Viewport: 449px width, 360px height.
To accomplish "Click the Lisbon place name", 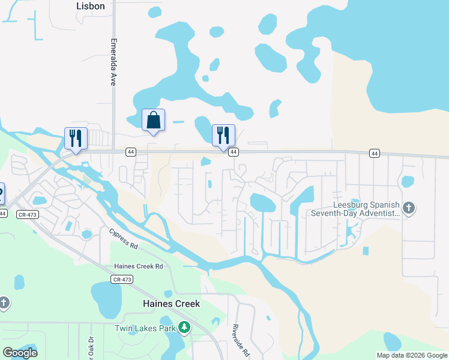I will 91,6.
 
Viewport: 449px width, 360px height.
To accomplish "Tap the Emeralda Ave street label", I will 112,63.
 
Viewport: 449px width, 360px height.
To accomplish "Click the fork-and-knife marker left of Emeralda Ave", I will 76,139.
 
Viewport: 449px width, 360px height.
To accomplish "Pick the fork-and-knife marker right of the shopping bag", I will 223,135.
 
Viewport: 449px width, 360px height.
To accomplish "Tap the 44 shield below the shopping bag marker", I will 130,152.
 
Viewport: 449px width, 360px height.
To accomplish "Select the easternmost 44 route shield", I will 374,154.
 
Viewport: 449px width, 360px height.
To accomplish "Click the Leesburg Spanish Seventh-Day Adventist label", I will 355,208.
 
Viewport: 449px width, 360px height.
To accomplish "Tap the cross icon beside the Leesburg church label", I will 409,208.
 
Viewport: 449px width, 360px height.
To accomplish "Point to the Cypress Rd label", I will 124,238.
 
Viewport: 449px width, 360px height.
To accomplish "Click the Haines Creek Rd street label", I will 139,266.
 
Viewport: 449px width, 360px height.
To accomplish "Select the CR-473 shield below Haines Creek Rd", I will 122,279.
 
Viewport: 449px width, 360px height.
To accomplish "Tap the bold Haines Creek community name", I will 171,304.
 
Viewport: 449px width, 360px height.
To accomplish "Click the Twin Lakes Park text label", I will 145,328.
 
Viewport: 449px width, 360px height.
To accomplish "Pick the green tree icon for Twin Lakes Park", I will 185,328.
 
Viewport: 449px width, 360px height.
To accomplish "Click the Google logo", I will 20,353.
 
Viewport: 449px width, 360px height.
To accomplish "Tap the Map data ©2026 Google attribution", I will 412,355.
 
